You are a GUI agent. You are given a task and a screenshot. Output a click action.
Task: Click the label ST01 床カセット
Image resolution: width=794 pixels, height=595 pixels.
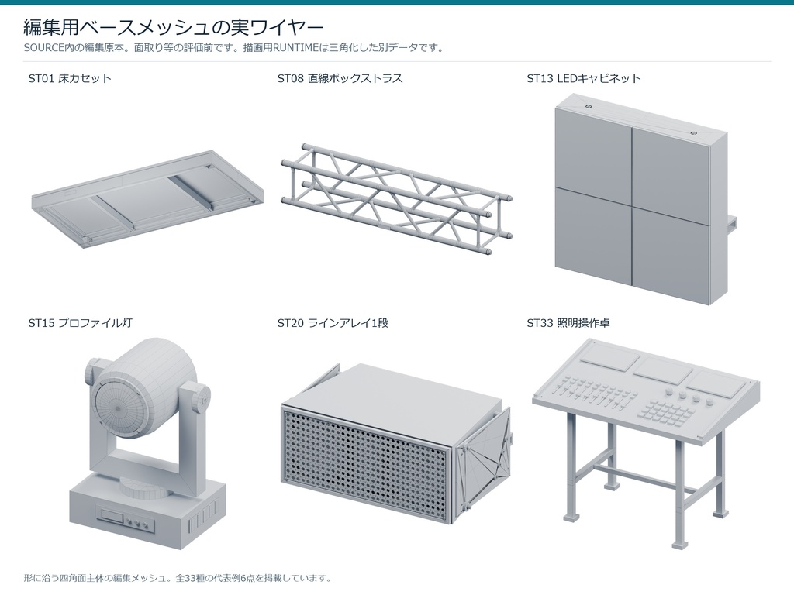(70, 78)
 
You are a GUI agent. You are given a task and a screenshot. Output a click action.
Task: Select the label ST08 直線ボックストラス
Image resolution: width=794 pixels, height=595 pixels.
(340, 78)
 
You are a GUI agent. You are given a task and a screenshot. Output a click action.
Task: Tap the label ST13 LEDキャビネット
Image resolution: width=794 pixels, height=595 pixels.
(584, 78)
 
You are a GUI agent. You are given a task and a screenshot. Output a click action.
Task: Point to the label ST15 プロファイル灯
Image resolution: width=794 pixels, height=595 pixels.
(80, 323)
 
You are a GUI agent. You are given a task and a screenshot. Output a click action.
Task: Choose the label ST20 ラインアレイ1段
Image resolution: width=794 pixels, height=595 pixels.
(333, 323)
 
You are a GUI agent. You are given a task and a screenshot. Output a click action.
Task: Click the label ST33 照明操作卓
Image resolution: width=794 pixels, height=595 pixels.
(568, 323)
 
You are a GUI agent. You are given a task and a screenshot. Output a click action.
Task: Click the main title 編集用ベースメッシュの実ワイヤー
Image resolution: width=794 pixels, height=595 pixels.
(173, 27)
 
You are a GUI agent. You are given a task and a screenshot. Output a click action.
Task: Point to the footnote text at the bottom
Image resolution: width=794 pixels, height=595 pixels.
(178, 578)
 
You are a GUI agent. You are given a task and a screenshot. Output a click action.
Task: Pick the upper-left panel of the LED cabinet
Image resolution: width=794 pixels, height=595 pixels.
(593, 147)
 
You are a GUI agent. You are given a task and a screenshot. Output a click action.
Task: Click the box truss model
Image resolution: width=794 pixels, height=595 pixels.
(396, 198)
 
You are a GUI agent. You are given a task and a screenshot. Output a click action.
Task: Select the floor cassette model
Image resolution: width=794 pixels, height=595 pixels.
(147, 198)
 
